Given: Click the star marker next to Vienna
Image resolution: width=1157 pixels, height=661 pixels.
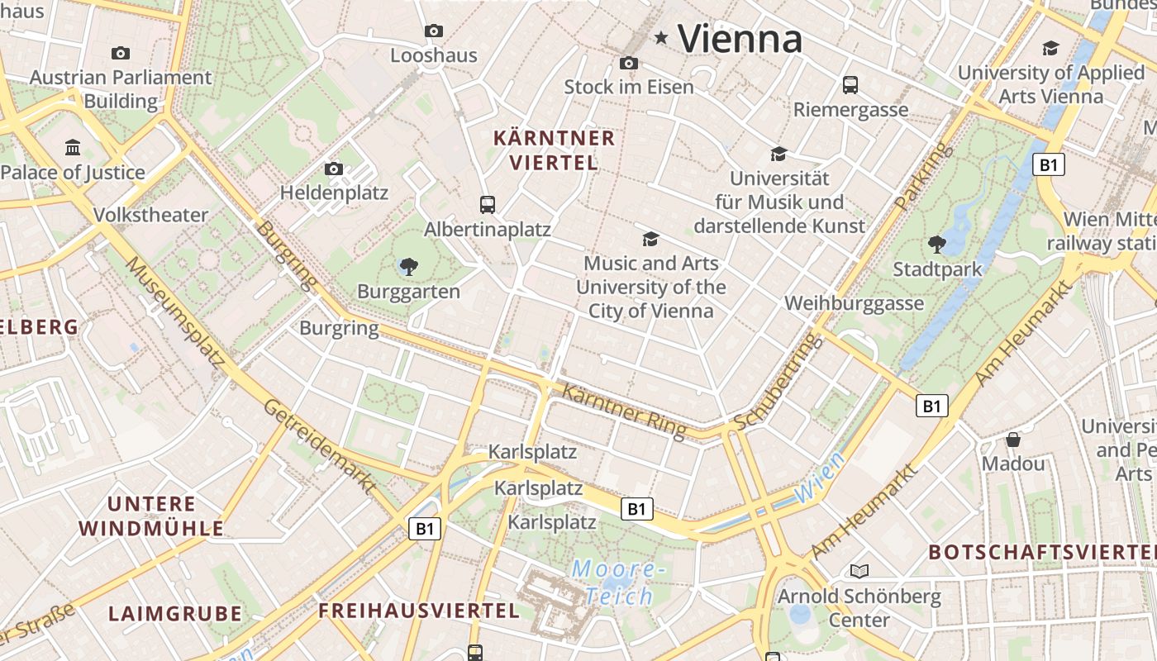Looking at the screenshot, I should [661, 37].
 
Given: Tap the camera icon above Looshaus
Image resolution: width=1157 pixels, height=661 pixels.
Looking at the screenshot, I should [434, 31].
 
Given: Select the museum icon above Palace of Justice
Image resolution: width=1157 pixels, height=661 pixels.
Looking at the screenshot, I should [73, 148].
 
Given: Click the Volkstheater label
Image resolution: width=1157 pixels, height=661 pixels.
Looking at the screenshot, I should [150, 215].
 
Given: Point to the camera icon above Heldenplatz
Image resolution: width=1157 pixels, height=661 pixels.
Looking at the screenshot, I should [334, 169].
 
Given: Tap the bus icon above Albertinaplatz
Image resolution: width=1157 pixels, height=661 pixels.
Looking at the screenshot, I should [488, 204].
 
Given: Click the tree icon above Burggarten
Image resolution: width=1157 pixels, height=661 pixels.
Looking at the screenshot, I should [408, 266].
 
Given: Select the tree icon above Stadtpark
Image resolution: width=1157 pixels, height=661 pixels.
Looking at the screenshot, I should [937, 244].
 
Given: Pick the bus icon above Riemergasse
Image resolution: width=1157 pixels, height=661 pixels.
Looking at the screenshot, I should [850, 85].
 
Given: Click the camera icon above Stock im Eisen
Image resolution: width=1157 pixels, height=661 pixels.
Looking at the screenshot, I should [629, 63].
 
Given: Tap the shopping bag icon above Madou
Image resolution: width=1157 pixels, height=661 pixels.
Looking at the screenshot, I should [1013, 440].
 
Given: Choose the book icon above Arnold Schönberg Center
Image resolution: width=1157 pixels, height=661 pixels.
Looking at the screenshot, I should [859, 571].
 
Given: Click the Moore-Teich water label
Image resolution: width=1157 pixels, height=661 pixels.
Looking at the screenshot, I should [618, 583].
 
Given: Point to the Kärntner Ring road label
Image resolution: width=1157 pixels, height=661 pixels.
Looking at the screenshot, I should [624, 410].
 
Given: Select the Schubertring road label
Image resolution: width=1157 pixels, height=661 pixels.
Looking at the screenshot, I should [778, 382].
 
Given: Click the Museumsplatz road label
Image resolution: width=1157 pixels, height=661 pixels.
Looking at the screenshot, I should [174, 311].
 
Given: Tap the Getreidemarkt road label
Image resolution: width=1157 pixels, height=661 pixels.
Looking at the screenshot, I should [319, 446].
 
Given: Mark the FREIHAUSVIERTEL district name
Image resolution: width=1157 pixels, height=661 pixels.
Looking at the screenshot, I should [419, 611].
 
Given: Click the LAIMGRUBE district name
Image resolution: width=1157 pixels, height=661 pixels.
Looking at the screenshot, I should [175, 613].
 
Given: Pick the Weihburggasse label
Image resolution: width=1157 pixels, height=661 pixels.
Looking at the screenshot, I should [854, 303].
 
